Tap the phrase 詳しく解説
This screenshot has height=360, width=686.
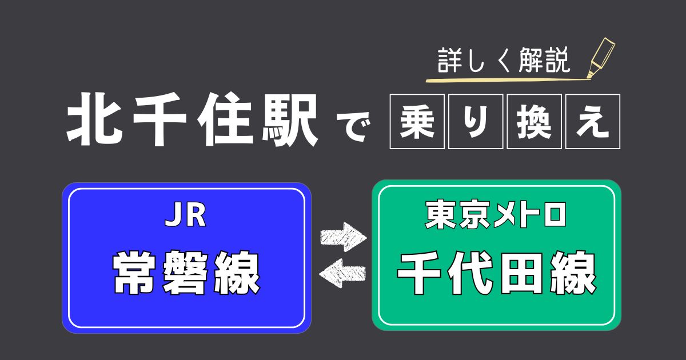coord(504,61)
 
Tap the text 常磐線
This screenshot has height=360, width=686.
coord(186,272)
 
